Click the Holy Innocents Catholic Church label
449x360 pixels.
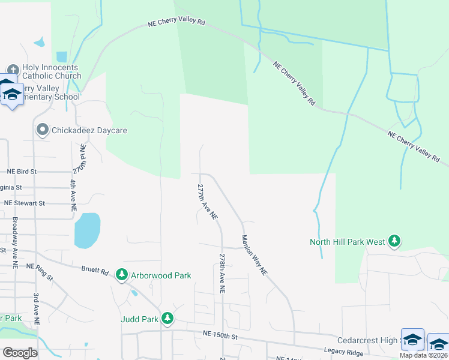coord(52,72)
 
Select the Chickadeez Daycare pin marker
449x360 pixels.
coord(42,130)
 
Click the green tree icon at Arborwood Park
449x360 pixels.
coord(122,274)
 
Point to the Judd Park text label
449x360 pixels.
coord(139,319)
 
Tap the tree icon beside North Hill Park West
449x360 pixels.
coord(394,241)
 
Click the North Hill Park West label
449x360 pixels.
coord(347,242)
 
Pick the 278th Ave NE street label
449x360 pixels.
coord(222,272)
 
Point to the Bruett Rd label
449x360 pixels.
coord(95,271)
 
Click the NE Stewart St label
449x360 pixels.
coord(24,203)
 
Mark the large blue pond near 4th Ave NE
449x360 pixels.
coord(87,230)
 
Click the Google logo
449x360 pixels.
coord(20,352)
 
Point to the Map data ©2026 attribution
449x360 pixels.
coord(424,355)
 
